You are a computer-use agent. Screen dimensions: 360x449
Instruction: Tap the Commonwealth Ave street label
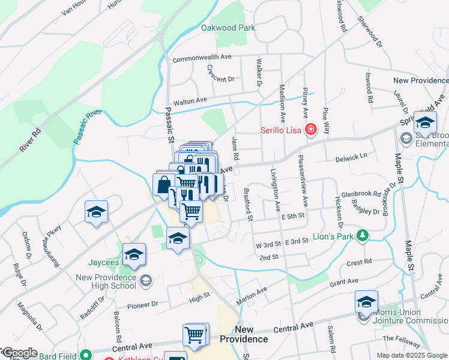(202, 58)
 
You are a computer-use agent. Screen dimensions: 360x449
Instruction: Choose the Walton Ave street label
(190, 101)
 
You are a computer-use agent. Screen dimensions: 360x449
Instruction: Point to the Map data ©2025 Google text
(412, 355)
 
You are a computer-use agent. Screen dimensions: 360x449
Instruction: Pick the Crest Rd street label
(360, 262)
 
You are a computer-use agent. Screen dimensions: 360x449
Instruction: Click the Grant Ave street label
(344, 281)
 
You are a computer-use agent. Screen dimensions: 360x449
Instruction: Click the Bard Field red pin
(87, 355)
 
